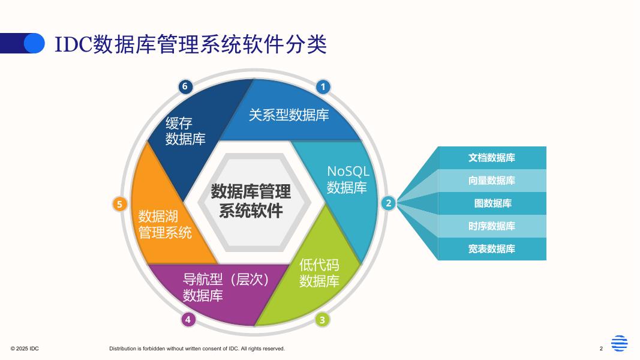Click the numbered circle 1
point(323,87)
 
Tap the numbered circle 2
point(388,203)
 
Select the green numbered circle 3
point(322,320)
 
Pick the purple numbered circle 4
point(188,319)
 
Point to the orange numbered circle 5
point(120,204)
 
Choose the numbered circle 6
point(185,86)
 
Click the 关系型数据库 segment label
point(289,115)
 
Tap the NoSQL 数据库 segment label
point(347,179)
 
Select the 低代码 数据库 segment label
point(319,273)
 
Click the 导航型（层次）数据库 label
point(226,287)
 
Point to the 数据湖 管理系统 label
point(165,224)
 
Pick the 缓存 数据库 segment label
point(185,131)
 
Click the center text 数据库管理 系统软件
point(251,201)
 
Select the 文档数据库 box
point(492,158)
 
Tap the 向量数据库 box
point(492,181)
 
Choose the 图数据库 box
point(492,203)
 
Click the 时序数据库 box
point(492,226)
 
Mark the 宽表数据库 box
point(492,249)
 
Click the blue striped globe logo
point(619,343)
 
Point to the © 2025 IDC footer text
point(25,349)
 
